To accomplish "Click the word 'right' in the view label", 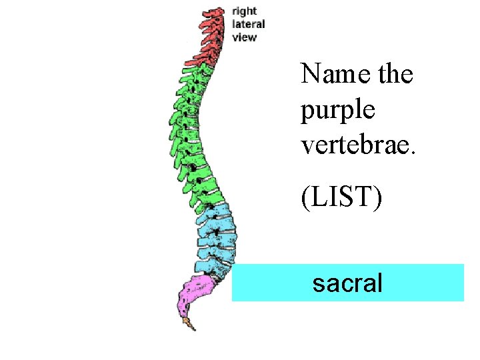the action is (x=244, y=11).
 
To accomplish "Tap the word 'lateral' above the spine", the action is (x=248, y=24).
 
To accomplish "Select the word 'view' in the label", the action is (x=244, y=37).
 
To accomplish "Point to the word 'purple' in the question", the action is (x=338, y=109).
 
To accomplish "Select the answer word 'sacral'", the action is (x=347, y=283).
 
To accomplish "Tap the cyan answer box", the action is (x=413, y=283).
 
